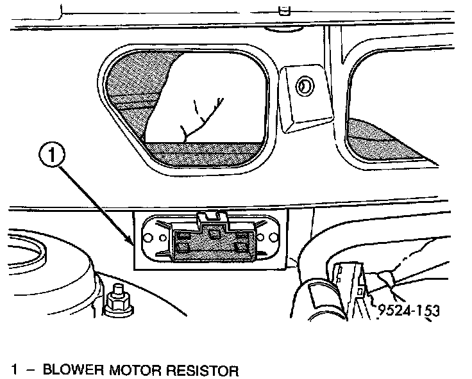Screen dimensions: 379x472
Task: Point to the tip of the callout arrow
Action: [x=133, y=245]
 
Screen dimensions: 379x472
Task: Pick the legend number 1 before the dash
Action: [x=15, y=370]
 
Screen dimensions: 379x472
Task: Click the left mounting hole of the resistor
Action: [x=146, y=238]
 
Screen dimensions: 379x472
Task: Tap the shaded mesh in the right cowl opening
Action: [x=378, y=138]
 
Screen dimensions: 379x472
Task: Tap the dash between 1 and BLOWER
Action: [x=31, y=370]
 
